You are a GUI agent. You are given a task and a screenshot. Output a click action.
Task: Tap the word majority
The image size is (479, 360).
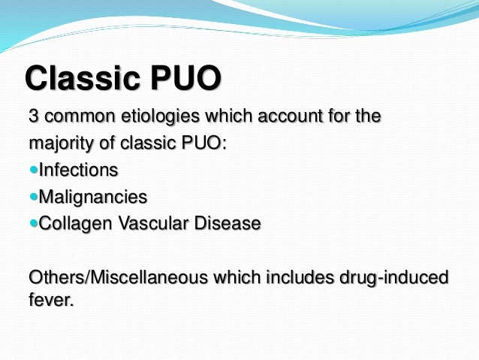click(58, 143)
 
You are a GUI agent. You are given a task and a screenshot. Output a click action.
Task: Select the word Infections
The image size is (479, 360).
click(78, 170)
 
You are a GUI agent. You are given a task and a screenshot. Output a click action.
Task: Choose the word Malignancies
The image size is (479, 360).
click(92, 197)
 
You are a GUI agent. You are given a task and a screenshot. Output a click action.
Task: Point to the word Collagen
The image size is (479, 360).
click(71, 223)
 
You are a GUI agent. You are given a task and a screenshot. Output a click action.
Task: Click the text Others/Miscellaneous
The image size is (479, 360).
click(104, 277)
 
